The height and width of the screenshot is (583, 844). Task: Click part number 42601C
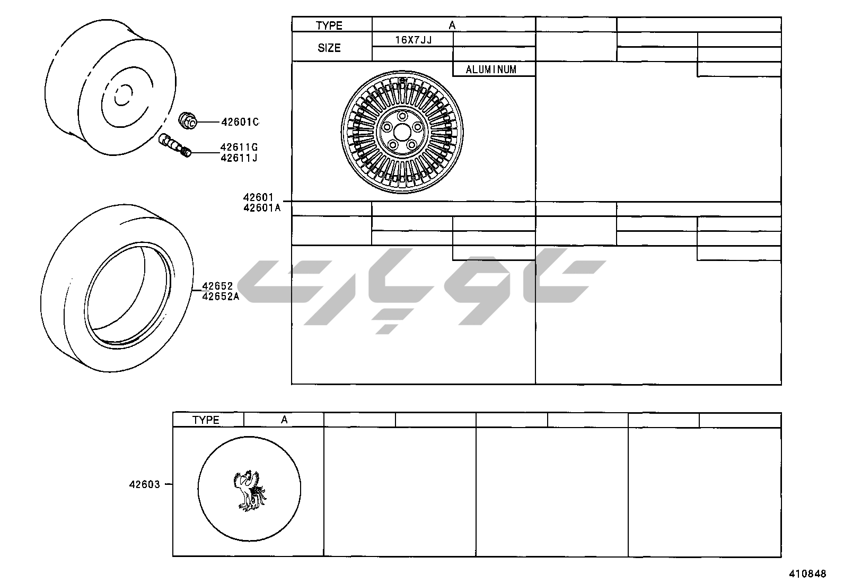tap(240, 122)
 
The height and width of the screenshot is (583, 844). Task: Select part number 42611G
tap(239, 147)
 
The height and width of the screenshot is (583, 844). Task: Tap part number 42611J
tap(239, 158)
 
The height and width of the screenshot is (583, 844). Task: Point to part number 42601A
tap(262, 208)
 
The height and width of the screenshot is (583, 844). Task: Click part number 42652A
tap(221, 297)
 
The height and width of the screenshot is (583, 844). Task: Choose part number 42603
tap(145, 484)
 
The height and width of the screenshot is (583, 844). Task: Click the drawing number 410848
tap(807, 573)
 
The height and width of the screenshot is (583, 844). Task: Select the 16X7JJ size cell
tap(414, 40)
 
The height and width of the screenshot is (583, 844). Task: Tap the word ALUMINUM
tap(491, 69)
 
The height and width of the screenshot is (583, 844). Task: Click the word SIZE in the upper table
tap(329, 48)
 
